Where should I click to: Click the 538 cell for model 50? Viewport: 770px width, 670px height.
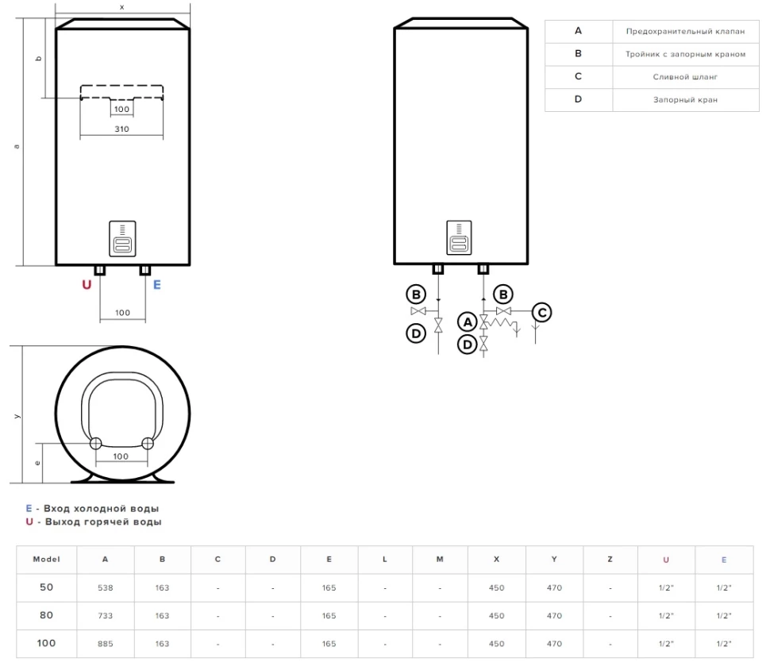(106, 589)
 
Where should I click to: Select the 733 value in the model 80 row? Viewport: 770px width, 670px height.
(106, 615)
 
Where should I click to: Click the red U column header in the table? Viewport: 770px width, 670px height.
(666, 560)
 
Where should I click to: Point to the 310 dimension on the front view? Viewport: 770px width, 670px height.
(121, 128)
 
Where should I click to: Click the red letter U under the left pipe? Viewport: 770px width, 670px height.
(87, 285)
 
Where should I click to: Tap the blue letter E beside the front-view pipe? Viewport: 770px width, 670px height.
(156, 285)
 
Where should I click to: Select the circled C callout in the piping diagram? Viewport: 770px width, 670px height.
(541, 312)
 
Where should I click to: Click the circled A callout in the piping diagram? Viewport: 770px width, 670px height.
(468, 322)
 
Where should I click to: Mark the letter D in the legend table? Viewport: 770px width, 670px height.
(578, 99)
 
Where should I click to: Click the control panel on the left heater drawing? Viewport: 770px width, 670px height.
(121, 237)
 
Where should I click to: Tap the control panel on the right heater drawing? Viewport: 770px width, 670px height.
(460, 237)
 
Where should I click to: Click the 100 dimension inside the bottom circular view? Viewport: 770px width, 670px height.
(121, 456)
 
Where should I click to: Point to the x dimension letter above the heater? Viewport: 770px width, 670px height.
(121, 6)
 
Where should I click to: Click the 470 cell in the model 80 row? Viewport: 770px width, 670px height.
(554, 615)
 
